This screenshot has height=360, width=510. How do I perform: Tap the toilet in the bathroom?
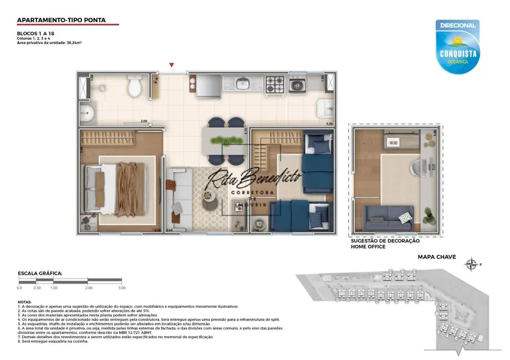pyautogui.click(x=134, y=86)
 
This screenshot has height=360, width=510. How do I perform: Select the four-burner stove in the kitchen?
pyautogui.click(x=274, y=84)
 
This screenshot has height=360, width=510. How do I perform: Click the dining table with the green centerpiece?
pyautogui.click(x=224, y=140)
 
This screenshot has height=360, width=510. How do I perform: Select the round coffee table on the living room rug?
pyautogui.click(x=211, y=203)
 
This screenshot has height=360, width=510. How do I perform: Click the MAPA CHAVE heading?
pyautogui.click(x=436, y=257)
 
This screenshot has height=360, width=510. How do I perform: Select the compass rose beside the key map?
pyautogui.click(x=472, y=264)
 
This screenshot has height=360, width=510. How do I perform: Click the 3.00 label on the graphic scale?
pyautogui.click(x=121, y=288)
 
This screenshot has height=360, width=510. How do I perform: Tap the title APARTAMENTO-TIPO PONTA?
pyautogui.click(x=60, y=20)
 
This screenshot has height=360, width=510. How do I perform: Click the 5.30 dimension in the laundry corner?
pyautogui.click(x=329, y=124)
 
